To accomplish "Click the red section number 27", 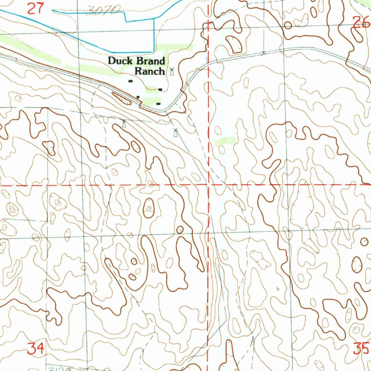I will pyautogui.click(x=36, y=8).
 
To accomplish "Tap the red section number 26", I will pyautogui.click(x=362, y=22).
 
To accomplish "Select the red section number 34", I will pyautogui.click(x=36, y=348).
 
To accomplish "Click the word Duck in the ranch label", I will pyautogui.click(x=121, y=61).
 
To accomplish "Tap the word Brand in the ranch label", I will pyautogui.click(x=150, y=61).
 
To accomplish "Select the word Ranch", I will pyautogui.click(x=150, y=71).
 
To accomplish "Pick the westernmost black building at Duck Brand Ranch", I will pyautogui.click(x=130, y=81).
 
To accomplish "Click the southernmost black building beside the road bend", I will pyautogui.click(x=158, y=104).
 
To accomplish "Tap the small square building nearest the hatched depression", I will pyautogui.click(x=138, y=97).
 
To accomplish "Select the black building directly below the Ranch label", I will pyautogui.click(x=160, y=89).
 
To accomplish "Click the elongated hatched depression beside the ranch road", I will pyautogui.click(x=122, y=98).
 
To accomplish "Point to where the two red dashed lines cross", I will pyautogui.click(x=208, y=184).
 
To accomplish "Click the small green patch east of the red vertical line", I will pyautogui.click(x=225, y=141).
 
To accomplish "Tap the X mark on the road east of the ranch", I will pyautogui.click(x=264, y=53).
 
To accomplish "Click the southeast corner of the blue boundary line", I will pyautogui.click(x=154, y=51).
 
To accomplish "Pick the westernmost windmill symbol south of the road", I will pyautogui.click(x=124, y=124).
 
